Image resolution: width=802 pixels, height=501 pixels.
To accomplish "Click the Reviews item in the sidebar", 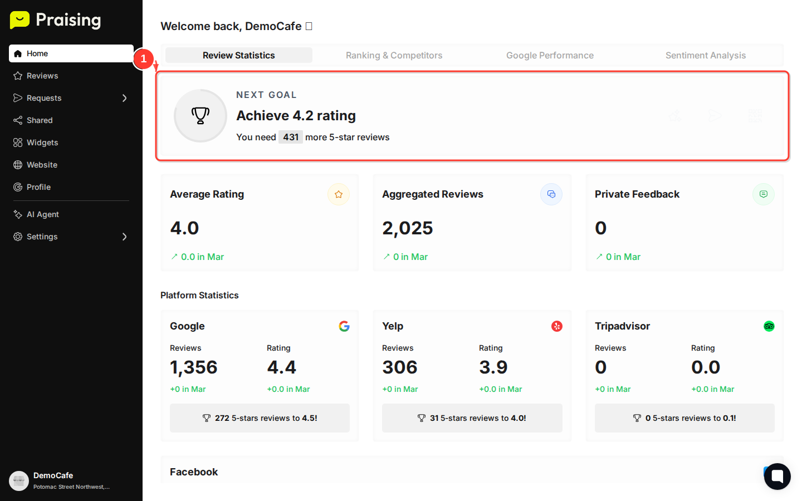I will click(42, 76).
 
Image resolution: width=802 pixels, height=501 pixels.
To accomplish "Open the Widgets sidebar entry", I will click(42, 143).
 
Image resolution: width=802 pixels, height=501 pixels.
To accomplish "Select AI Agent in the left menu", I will click(42, 214).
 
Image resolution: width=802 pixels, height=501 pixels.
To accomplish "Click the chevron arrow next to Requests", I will click(125, 98).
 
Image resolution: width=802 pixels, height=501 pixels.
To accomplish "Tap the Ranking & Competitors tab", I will click(394, 55).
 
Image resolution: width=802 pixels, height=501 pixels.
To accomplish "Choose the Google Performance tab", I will click(550, 55).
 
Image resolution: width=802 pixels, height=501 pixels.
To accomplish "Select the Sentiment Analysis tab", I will click(705, 55).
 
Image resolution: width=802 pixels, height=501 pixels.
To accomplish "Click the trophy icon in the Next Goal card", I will click(200, 116).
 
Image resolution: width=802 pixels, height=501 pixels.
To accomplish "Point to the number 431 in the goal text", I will click(291, 137).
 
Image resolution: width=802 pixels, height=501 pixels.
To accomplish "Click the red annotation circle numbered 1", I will click(143, 58).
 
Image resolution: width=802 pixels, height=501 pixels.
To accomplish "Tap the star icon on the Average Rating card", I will click(339, 194).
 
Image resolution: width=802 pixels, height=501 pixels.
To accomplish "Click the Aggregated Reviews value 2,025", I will click(408, 228).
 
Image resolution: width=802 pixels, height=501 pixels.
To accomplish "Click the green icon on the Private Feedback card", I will click(763, 194).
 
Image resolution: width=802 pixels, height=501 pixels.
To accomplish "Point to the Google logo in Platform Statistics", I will click(344, 326).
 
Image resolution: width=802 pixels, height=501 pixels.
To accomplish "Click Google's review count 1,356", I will click(193, 367).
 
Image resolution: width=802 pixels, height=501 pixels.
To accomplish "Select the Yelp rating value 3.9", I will click(493, 367).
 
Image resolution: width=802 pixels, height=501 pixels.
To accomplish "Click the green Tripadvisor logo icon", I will click(769, 326).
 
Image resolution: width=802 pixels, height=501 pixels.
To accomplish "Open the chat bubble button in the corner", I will click(777, 477).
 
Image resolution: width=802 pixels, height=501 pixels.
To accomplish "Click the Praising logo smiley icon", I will click(19, 20).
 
